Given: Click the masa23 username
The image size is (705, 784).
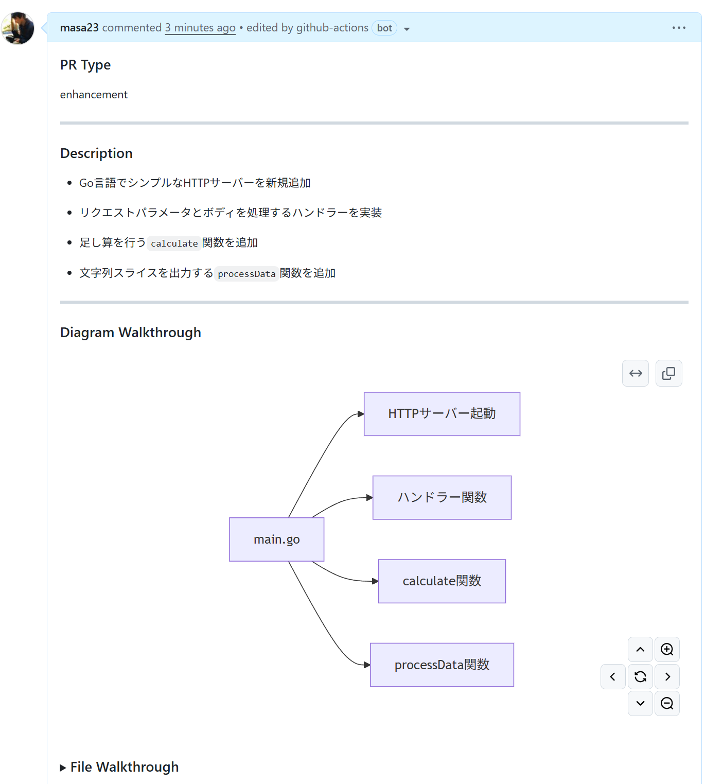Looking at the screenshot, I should coord(79,28).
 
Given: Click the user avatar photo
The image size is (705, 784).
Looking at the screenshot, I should coord(18,28).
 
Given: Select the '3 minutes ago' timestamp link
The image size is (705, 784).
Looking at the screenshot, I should coord(200,28).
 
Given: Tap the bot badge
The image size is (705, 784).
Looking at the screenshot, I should coord(384,28).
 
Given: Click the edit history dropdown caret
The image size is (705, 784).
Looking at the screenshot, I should coord(407,29).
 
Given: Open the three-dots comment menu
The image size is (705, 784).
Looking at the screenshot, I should coord(679,28).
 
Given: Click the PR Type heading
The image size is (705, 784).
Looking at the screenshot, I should coord(85,65).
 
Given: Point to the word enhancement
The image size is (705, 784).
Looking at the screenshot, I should coord(94,95).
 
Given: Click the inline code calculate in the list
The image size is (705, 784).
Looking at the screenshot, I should coord(174,243).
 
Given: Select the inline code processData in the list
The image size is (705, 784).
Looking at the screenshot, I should coord(246,274).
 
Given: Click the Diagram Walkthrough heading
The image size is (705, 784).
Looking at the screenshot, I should coord(130,333).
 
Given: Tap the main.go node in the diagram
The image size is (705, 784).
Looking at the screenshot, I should coord(276,539).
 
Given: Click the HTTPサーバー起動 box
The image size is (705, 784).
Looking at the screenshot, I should coord(442,414).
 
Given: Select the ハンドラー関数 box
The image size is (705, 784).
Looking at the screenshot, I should coord(442,497).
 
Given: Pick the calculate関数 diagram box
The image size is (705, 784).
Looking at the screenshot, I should coord(442,581).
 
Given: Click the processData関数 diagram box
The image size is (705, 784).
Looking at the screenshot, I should coord(442,665).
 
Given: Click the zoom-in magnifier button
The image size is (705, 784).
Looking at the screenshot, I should coord(667,649).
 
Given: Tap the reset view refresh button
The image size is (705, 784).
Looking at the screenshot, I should coord(640,676).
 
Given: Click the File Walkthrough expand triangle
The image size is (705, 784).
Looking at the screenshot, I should coord(63,768).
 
